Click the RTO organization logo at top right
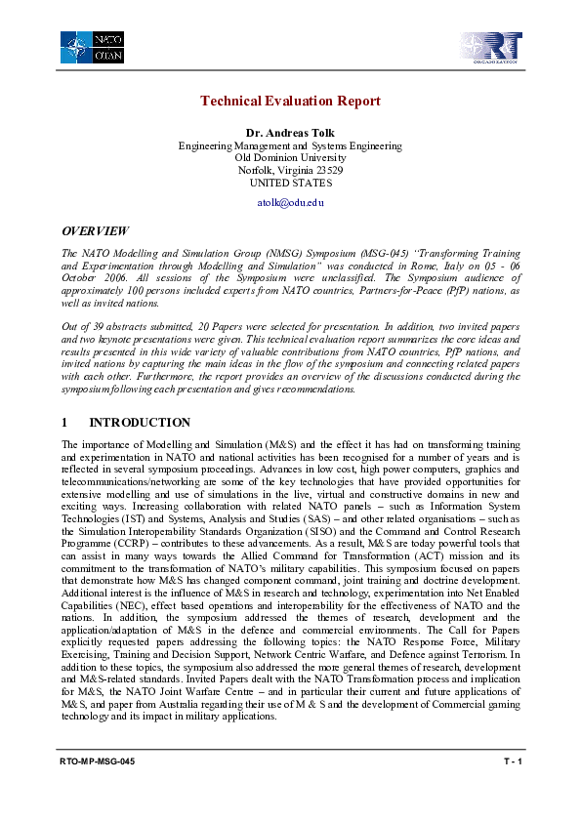(492, 48)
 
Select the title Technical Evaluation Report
(290, 102)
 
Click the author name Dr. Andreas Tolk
(290, 132)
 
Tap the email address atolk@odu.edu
(290, 201)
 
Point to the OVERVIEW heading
(95, 231)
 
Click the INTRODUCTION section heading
(140, 423)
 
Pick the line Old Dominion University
(290, 157)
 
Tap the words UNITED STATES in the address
(290, 183)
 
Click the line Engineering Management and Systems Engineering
(290, 144)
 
